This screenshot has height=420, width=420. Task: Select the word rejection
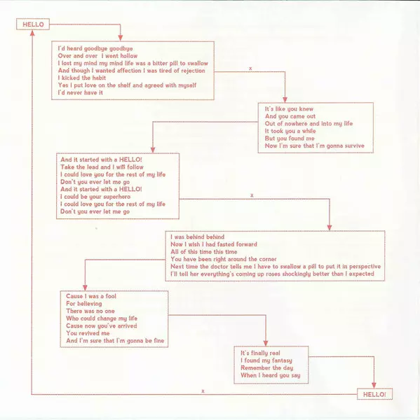click(x=193, y=71)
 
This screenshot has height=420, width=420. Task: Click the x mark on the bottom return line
click(x=203, y=391)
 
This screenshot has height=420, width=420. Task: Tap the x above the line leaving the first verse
click(x=250, y=69)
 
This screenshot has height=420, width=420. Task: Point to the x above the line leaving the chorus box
click(x=252, y=195)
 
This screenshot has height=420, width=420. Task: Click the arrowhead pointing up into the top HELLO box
click(x=32, y=33)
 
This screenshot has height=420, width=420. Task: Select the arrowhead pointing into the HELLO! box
click(x=374, y=386)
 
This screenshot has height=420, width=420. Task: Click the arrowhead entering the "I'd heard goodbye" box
click(x=121, y=38)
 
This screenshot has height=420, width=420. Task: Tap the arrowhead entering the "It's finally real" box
click(x=266, y=343)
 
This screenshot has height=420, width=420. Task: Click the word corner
click(x=268, y=259)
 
